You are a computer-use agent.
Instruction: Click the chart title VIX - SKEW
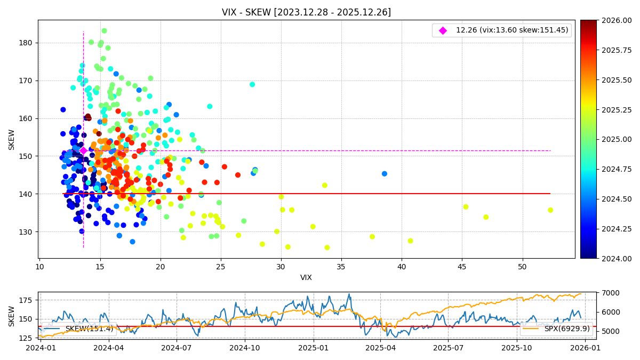[306, 12]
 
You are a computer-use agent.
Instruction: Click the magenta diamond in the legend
[443, 30]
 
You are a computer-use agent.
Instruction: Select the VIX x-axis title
[306, 277]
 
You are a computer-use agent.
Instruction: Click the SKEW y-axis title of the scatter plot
[12, 139]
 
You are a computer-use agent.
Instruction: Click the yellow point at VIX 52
[550, 210]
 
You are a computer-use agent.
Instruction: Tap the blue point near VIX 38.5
[385, 174]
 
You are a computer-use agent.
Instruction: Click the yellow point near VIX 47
[486, 217]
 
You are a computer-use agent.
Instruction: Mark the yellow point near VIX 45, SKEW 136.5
[466, 207]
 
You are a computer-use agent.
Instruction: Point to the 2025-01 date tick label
[313, 348]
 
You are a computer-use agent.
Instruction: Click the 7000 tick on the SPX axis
[595, 293]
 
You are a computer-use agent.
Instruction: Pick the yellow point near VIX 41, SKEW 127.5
[410, 241]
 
